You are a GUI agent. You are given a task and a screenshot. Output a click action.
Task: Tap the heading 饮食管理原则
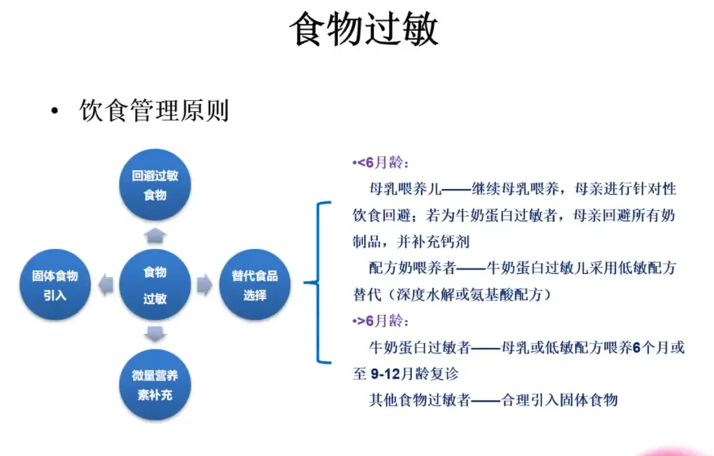[153, 111]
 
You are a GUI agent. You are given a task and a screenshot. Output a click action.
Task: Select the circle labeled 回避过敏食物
[155, 186]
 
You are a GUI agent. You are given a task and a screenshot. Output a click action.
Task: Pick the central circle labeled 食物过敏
[155, 285]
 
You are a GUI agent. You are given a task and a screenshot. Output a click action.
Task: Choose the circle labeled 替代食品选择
[255, 285]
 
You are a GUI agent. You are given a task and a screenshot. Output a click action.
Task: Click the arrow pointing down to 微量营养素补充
[155, 335]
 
